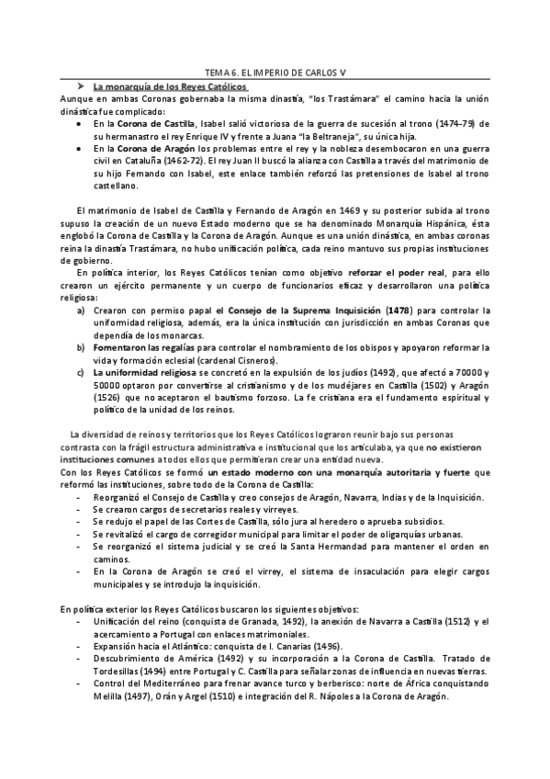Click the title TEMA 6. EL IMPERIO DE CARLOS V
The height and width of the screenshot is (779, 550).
(x=275, y=73)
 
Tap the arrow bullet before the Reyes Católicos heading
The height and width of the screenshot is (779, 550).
(x=80, y=85)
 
